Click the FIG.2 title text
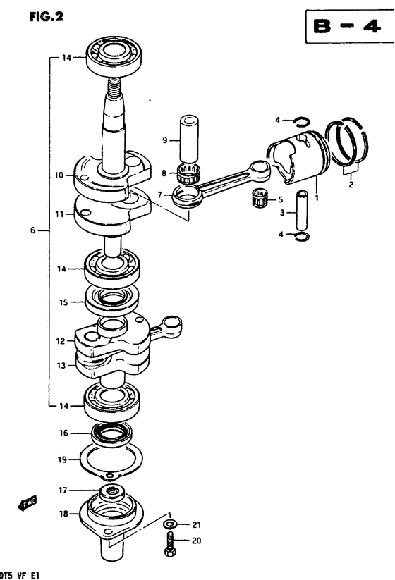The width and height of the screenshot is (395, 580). tap(47, 16)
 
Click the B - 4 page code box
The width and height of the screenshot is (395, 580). tap(350, 26)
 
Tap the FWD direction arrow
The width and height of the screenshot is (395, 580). tap(28, 503)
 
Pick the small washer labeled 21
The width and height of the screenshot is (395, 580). tap(170, 524)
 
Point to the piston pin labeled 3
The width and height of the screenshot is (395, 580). tap(302, 209)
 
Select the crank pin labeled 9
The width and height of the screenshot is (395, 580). tap(189, 140)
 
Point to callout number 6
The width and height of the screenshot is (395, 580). tap(32, 230)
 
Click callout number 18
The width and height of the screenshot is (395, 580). tap(63, 514)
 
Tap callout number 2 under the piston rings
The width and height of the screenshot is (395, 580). tap(351, 184)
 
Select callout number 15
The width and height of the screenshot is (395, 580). tap(63, 302)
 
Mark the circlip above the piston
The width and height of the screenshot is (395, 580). tap(301, 121)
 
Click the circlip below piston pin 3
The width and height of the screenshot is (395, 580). tap(303, 237)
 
